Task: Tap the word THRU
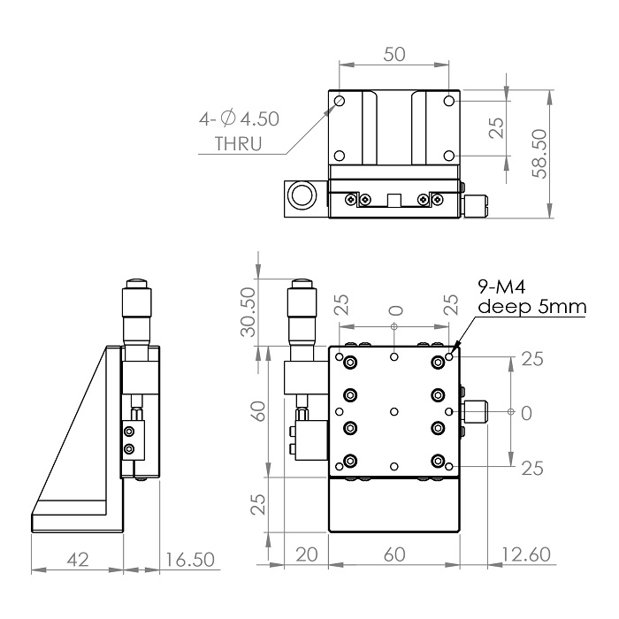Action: (x=239, y=144)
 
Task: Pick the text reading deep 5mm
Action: (x=531, y=306)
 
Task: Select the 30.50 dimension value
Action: (x=248, y=311)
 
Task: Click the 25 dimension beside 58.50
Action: (x=497, y=129)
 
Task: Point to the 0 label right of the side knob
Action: (x=526, y=412)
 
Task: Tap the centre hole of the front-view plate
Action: (x=394, y=412)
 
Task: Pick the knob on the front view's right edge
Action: (x=477, y=412)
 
